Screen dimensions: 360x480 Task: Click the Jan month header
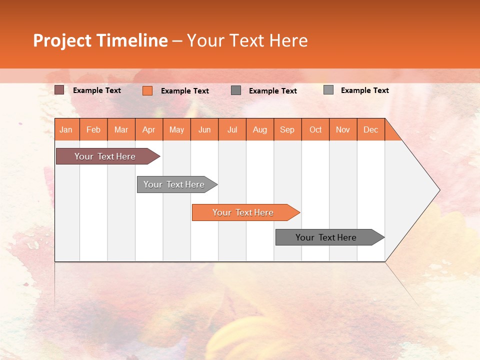coord(66,129)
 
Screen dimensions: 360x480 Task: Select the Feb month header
coord(93,129)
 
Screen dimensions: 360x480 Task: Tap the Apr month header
coord(148,129)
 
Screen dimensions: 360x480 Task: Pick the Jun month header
coord(204,129)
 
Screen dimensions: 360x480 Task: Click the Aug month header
coord(259,129)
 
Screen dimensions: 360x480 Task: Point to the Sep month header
coord(287,129)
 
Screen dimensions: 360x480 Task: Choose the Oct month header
coord(315,129)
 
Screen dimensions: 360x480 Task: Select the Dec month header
coord(370,129)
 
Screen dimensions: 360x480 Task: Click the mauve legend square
coord(59,90)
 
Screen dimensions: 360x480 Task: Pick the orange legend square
coord(147,90)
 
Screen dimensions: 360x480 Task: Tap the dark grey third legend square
coord(236,90)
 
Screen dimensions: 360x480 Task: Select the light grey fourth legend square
coord(328,90)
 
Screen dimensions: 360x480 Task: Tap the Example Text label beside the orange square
coord(184,91)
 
